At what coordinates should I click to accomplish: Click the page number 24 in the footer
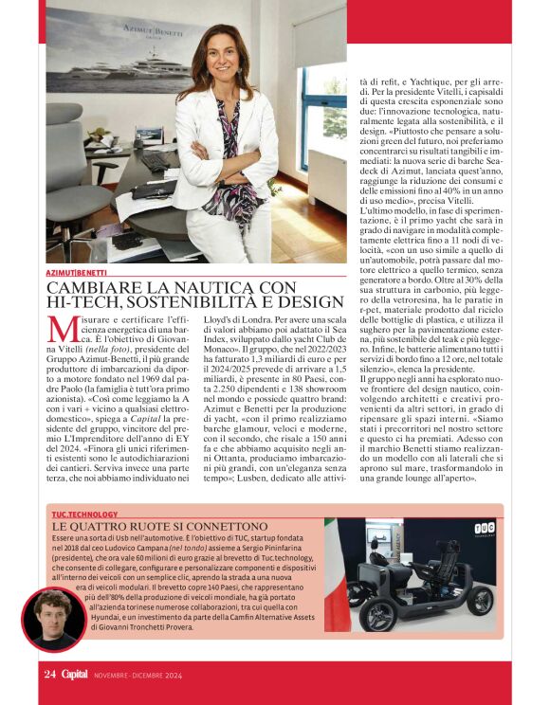coord(50,675)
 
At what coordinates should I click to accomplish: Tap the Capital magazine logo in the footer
coord(77,675)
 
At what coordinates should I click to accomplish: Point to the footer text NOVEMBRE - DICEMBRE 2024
coord(139,676)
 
